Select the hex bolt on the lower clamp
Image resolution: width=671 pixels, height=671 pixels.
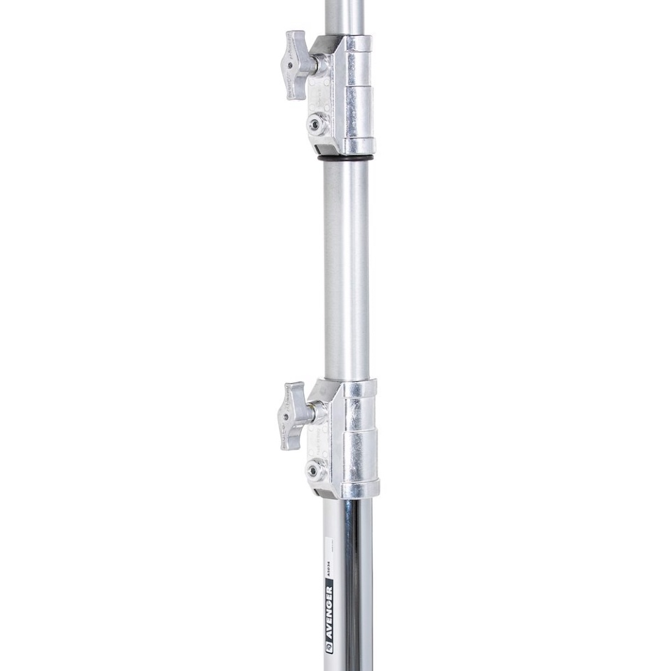pos(316,470)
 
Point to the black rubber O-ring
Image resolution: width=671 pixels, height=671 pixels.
pos(345,159)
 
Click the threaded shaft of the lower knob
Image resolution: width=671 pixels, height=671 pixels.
pos(319,412)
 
